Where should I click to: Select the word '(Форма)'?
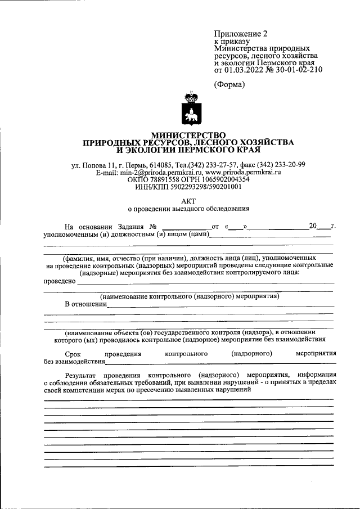pyautogui.click(x=230, y=84)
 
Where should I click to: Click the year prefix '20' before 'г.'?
pyautogui.click(x=313, y=226)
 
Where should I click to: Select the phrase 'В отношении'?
pyautogui.click(x=85, y=304)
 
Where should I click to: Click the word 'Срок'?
pyautogui.click(x=73, y=354)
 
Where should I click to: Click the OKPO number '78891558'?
pyautogui.click(x=163, y=179)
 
